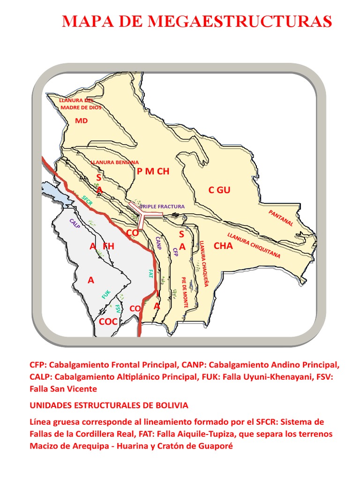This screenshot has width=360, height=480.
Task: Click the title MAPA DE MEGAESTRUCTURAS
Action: pyautogui.click(x=197, y=21)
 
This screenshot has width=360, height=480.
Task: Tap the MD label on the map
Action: pyautogui.click(x=82, y=121)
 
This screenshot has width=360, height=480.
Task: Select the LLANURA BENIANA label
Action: pyautogui.click(x=115, y=162)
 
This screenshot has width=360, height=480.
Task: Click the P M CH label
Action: pyautogui.click(x=153, y=172)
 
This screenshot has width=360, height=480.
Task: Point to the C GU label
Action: pyautogui.click(x=219, y=190)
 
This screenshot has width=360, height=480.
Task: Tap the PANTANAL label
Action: pyautogui.click(x=281, y=218)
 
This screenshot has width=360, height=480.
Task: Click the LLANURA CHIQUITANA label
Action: pyautogui.click(x=254, y=246)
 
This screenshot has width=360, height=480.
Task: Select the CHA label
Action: pyautogui.click(x=223, y=246)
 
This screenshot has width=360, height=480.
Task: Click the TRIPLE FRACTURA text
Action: pyautogui.click(x=163, y=206)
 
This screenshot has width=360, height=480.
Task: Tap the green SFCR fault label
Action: pyautogui.click(x=87, y=201)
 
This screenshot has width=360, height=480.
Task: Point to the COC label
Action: pyautogui.click(x=108, y=322)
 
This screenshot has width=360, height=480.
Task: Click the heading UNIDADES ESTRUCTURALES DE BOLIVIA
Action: pyautogui.click(x=109, y=405)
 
